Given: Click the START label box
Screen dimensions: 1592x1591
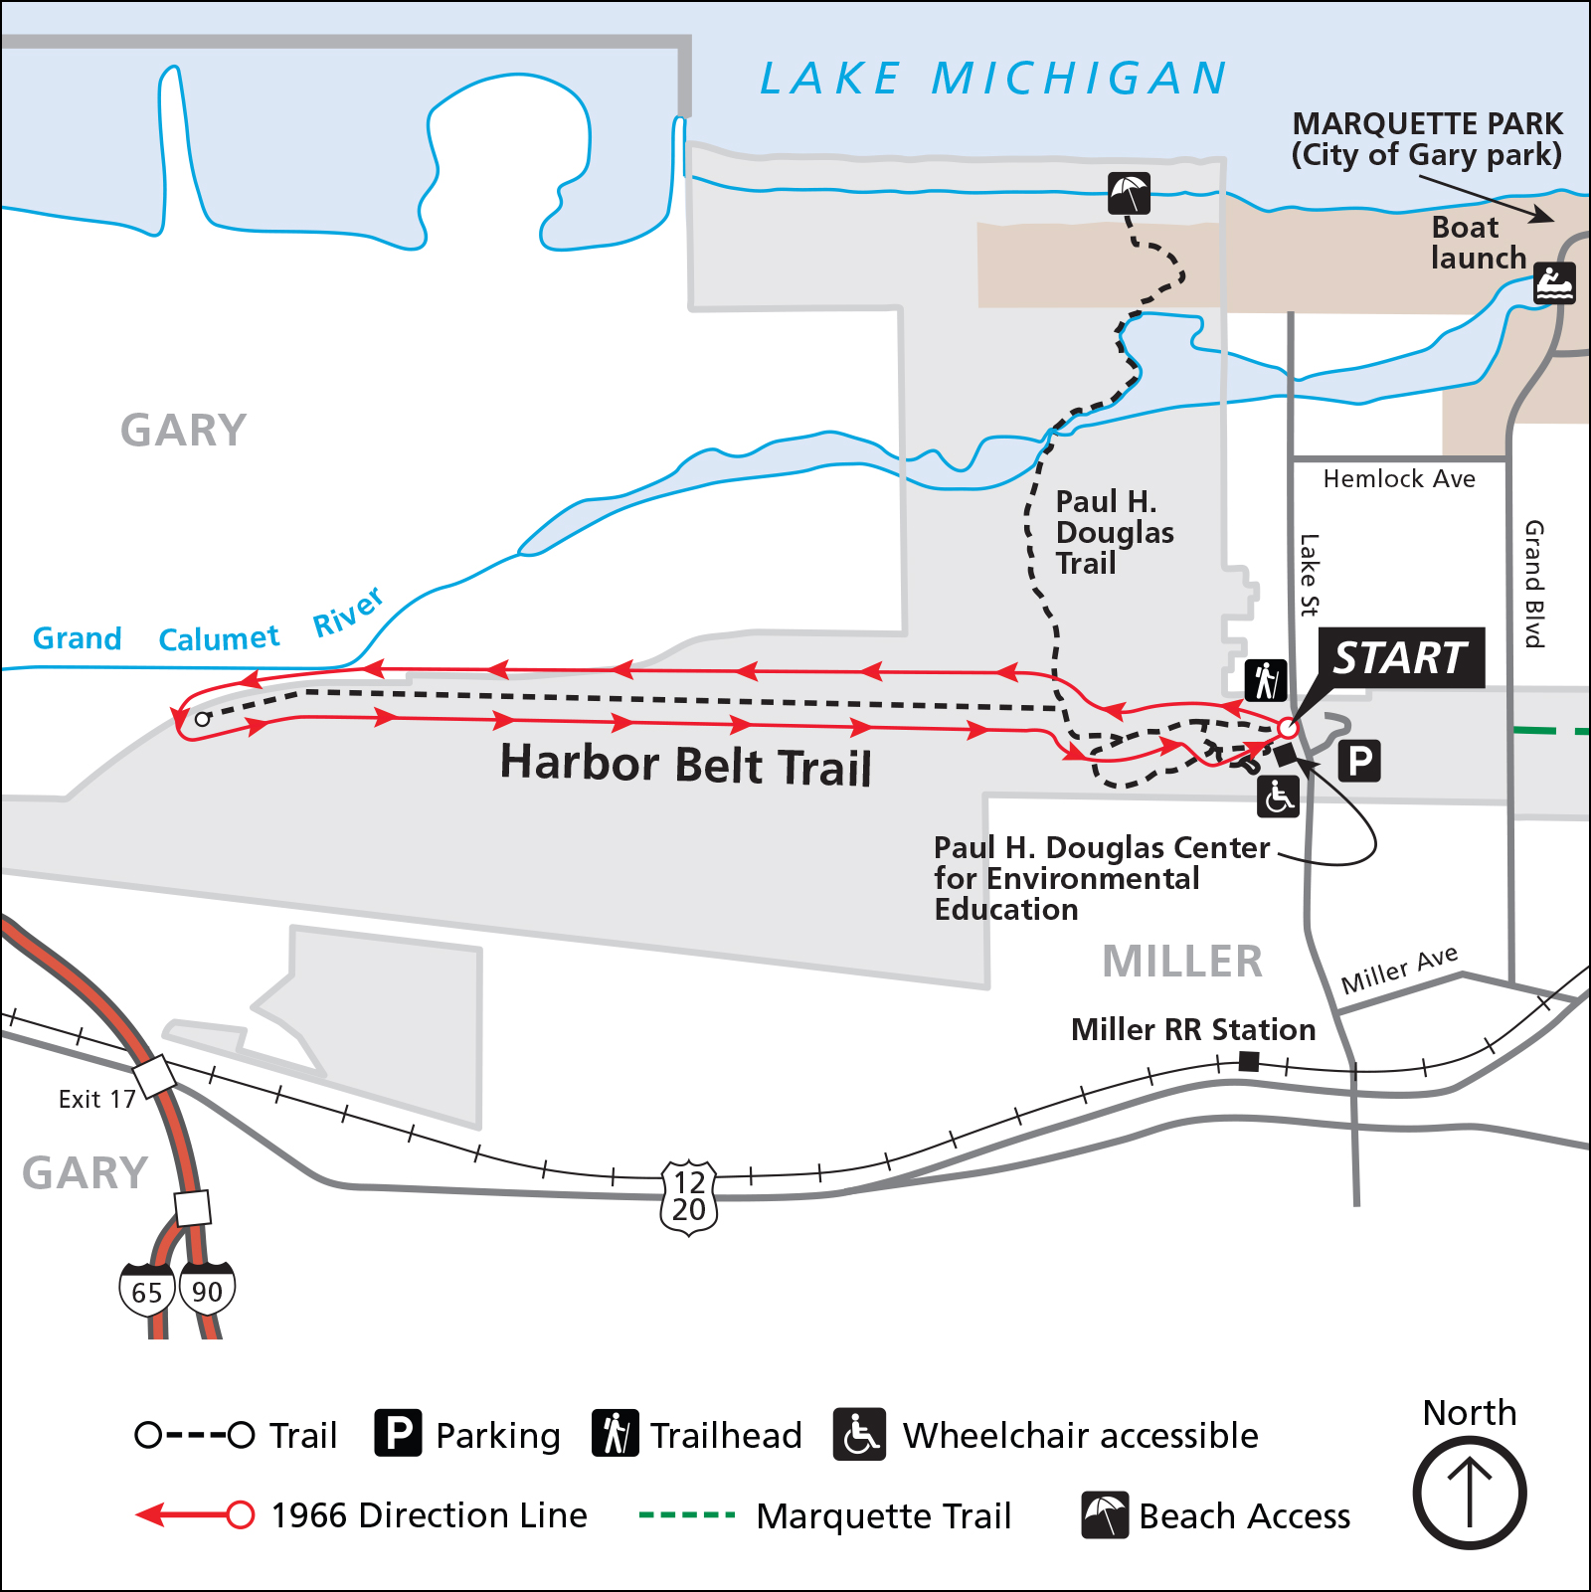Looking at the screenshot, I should pos(1401,658).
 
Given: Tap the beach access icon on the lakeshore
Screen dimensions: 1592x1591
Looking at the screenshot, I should pos(1129,193).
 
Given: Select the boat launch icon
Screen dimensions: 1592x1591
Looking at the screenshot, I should pos(1553,283).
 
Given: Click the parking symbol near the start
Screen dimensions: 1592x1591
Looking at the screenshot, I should pos(1359,761).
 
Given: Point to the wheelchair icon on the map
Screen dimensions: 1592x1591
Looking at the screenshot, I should pos(1278,796).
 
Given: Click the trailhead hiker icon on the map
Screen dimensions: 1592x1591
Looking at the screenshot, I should pos(1266,680).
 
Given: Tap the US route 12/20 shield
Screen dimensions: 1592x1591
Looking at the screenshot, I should pos(689,1196).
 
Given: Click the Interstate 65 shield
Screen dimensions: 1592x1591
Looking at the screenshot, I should pos(147,1291).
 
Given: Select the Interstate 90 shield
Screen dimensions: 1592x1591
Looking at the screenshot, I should pos(207,1290).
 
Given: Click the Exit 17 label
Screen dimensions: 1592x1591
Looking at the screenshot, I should pos(96,1099).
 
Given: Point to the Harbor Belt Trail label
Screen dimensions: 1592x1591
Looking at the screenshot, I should pos(685,765).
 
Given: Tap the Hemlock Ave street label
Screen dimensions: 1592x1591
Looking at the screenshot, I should pos(1398,479).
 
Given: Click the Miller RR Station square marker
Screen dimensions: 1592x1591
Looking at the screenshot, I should pos(1249,1061).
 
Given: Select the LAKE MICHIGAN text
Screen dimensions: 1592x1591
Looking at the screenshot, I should pos(992,79).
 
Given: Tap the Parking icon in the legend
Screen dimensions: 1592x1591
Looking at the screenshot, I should pos(398,1433).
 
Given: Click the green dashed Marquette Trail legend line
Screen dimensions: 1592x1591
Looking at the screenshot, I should pos(686,1515).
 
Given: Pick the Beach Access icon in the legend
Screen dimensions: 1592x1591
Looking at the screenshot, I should pos(1105,1514).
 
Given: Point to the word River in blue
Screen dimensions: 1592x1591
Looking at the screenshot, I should pos(348,612).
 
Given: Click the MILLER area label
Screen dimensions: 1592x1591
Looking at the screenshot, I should pos(1181,962).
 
